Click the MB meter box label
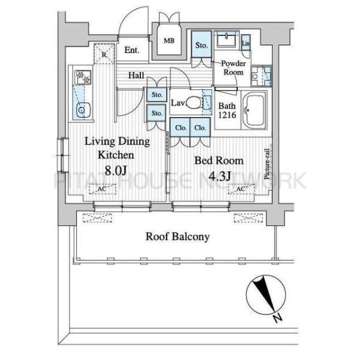point(169,41)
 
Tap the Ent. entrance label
point(132,50)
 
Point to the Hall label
point(136,75)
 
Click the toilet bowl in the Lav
point(194,102)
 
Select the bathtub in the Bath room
point(254,110)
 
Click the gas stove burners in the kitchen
point(83,77)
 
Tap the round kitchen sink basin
point(81,110)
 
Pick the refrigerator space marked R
point(104,53)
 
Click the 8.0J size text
point(115,170)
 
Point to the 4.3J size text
point(219,176)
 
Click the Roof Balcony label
point(178,236)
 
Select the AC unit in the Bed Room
point(241,189)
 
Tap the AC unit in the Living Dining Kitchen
point(103,189)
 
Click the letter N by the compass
point(278,318)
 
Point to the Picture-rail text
point(267,164)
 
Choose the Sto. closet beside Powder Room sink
point(202,44)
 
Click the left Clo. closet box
point(181,127)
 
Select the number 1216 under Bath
point(227,115)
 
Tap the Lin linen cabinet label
point(245,43)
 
